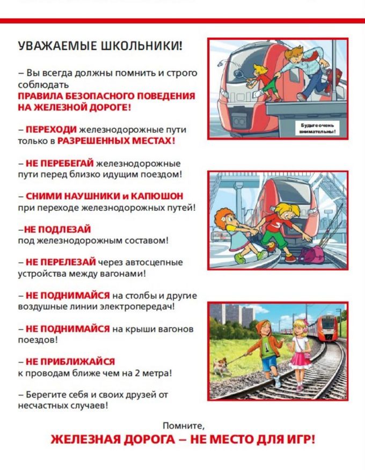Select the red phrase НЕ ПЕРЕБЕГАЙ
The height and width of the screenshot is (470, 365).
coord(59,164)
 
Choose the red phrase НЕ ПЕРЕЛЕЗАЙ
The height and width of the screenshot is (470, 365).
coord(60,262)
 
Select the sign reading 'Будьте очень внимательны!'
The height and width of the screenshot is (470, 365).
coord(317,127)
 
